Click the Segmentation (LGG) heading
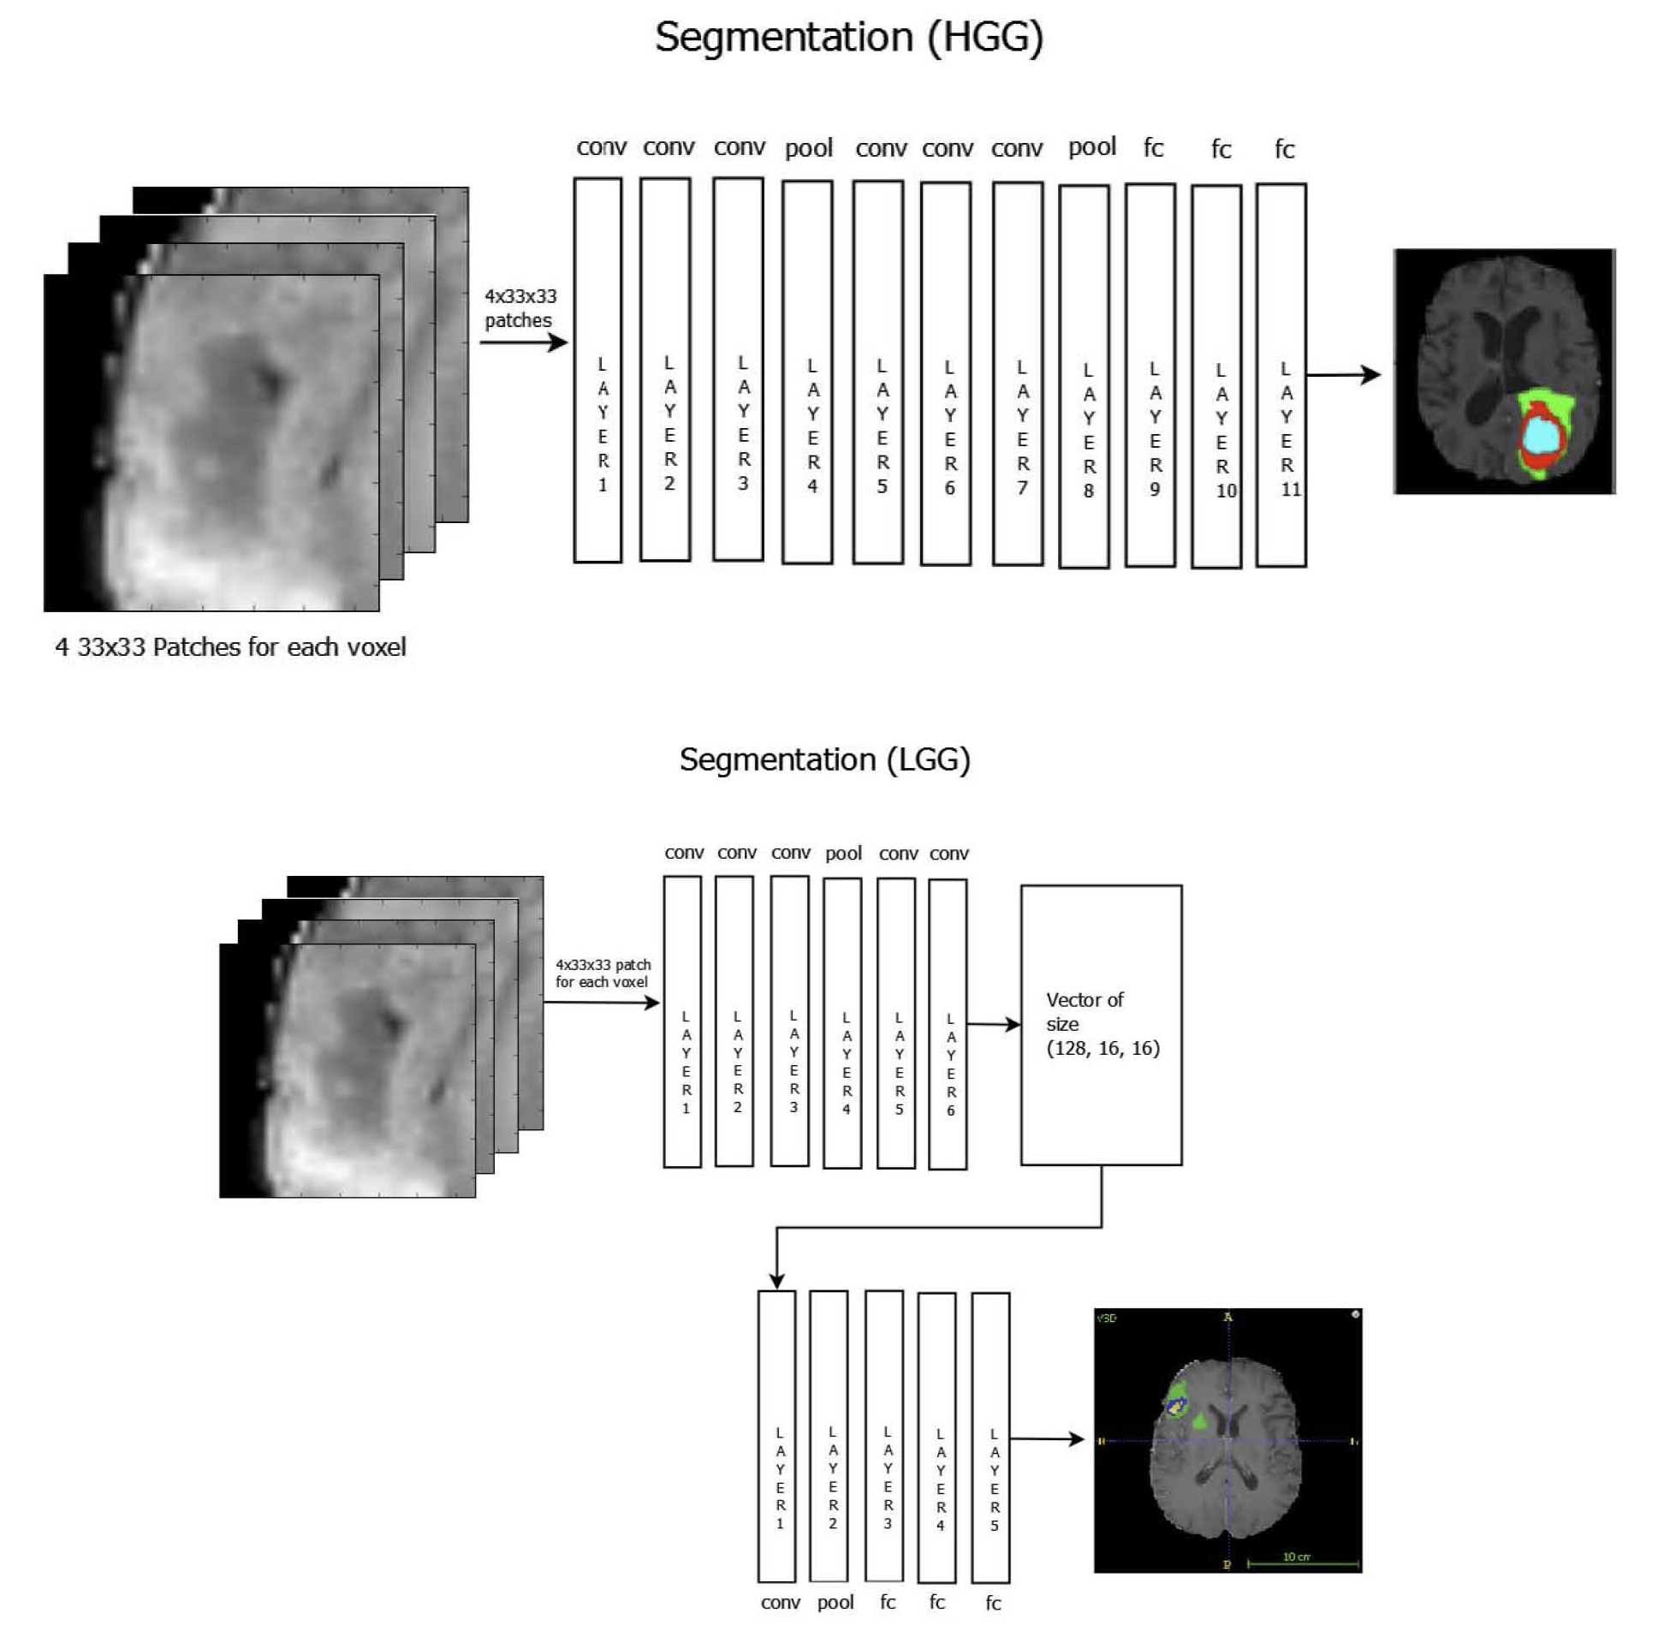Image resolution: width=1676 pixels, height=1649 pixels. [823, 759]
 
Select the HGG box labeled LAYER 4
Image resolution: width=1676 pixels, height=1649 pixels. [807, 372]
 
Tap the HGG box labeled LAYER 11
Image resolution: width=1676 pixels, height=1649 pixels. [1281, 375]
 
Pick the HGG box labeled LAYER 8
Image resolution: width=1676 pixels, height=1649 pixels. [1083, 377]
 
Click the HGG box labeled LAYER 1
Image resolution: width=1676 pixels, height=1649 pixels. [597, 371]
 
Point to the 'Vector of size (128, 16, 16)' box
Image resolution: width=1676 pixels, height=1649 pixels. [1100, 1025]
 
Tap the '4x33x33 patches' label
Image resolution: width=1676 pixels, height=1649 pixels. [520, 308]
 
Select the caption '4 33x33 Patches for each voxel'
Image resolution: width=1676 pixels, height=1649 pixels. [230, 647]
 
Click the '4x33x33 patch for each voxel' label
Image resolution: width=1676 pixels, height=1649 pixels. [603, 973]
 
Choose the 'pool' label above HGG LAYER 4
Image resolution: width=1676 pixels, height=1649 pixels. [809, 149]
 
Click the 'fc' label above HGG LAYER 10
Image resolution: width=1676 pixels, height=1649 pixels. [1220, 150]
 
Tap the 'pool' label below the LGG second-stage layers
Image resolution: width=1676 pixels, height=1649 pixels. [835, 1602]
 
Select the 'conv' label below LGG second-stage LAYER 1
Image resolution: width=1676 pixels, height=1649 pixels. [780, 1602]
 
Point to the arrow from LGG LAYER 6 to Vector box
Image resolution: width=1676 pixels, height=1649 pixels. [993, 1025]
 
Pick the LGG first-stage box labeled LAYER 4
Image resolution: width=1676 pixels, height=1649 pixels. [841, 1023]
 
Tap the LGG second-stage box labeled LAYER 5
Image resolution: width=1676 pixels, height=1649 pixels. [990, 1438]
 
